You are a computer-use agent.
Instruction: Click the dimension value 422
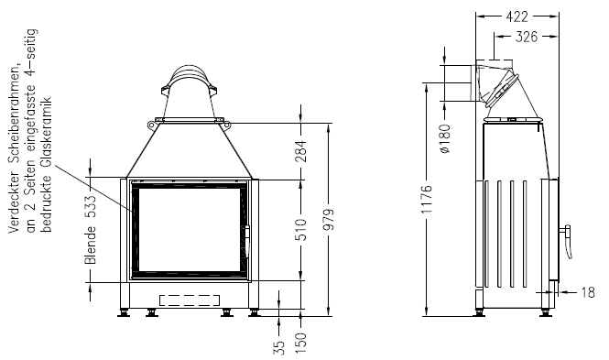(517, 16)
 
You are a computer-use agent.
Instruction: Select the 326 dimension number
(527, 37)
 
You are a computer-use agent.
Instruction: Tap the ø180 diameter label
(446, 138)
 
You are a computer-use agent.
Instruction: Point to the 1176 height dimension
(427, 199)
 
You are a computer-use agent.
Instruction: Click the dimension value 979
(329, 220)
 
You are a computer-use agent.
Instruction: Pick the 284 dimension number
(301, 151)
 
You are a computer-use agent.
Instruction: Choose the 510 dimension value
(301, 230)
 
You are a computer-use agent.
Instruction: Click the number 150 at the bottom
(301, 344)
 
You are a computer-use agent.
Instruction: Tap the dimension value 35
(279, 347)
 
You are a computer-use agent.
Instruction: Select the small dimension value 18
(588, 292)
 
